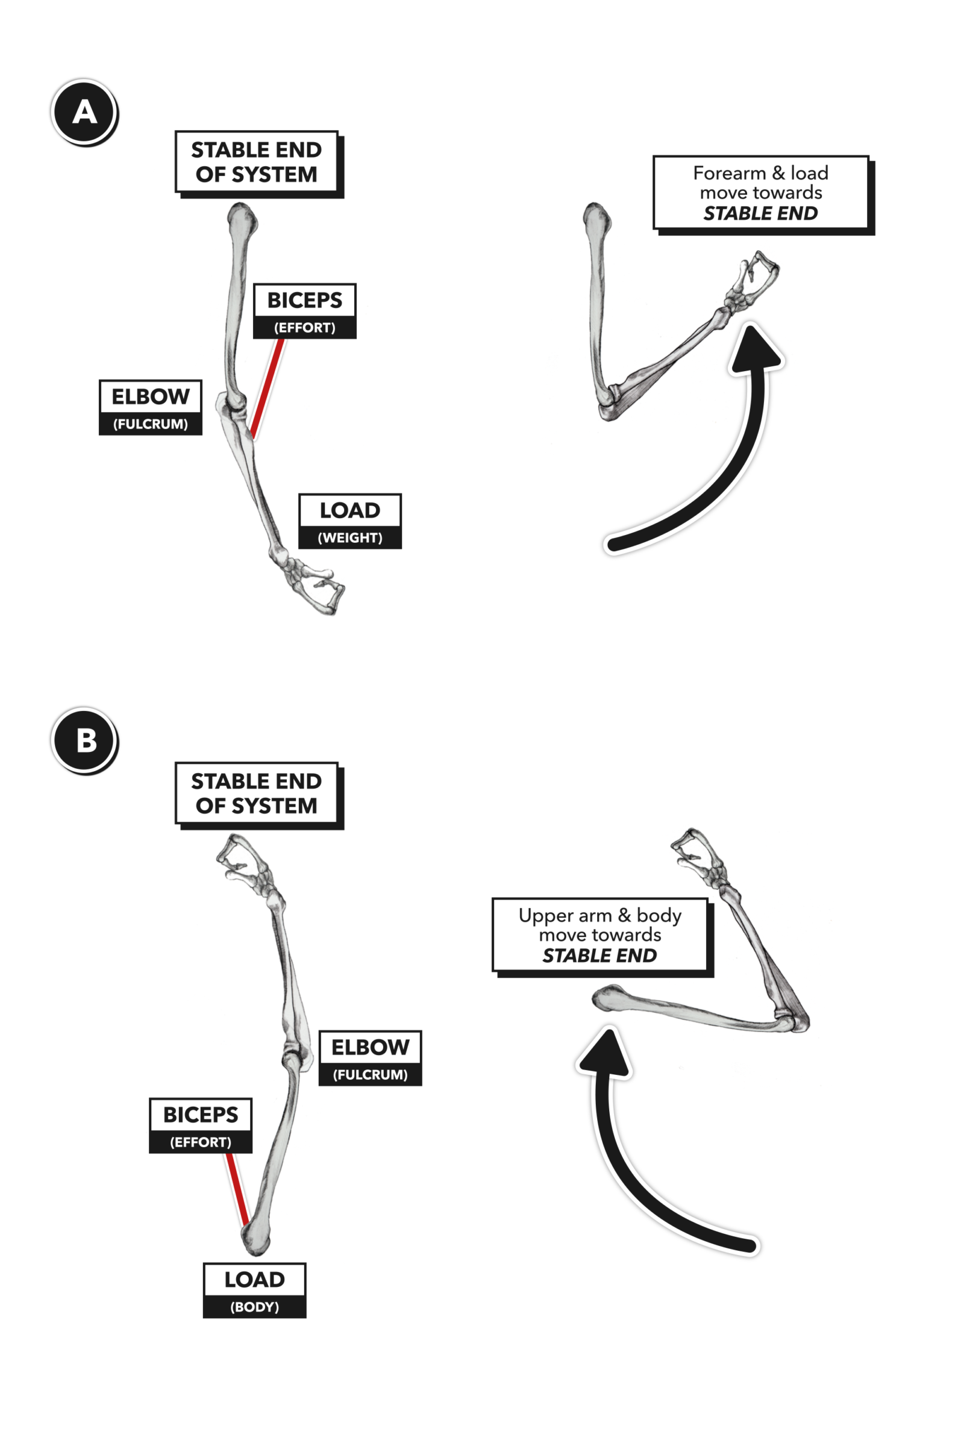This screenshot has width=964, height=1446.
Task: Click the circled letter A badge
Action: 84,112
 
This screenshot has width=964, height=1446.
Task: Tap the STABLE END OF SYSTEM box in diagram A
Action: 257,161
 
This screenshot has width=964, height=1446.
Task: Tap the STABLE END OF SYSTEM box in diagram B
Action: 257,793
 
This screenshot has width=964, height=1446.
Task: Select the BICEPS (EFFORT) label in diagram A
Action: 304,310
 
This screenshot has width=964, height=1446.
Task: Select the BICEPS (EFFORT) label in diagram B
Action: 201,1125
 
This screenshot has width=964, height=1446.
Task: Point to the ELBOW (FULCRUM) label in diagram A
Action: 150,407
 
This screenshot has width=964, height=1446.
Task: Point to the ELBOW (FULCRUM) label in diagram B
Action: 370,1057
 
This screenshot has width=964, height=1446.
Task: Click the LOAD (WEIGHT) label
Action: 350,521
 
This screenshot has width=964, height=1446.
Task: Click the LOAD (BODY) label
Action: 254,1290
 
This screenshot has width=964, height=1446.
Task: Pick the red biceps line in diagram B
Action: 237,1189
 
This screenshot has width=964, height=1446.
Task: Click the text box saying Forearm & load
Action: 760,193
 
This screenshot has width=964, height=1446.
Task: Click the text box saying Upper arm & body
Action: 599,935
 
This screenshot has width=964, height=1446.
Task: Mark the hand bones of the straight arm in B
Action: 246,861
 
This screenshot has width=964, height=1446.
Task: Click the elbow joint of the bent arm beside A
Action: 610,402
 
